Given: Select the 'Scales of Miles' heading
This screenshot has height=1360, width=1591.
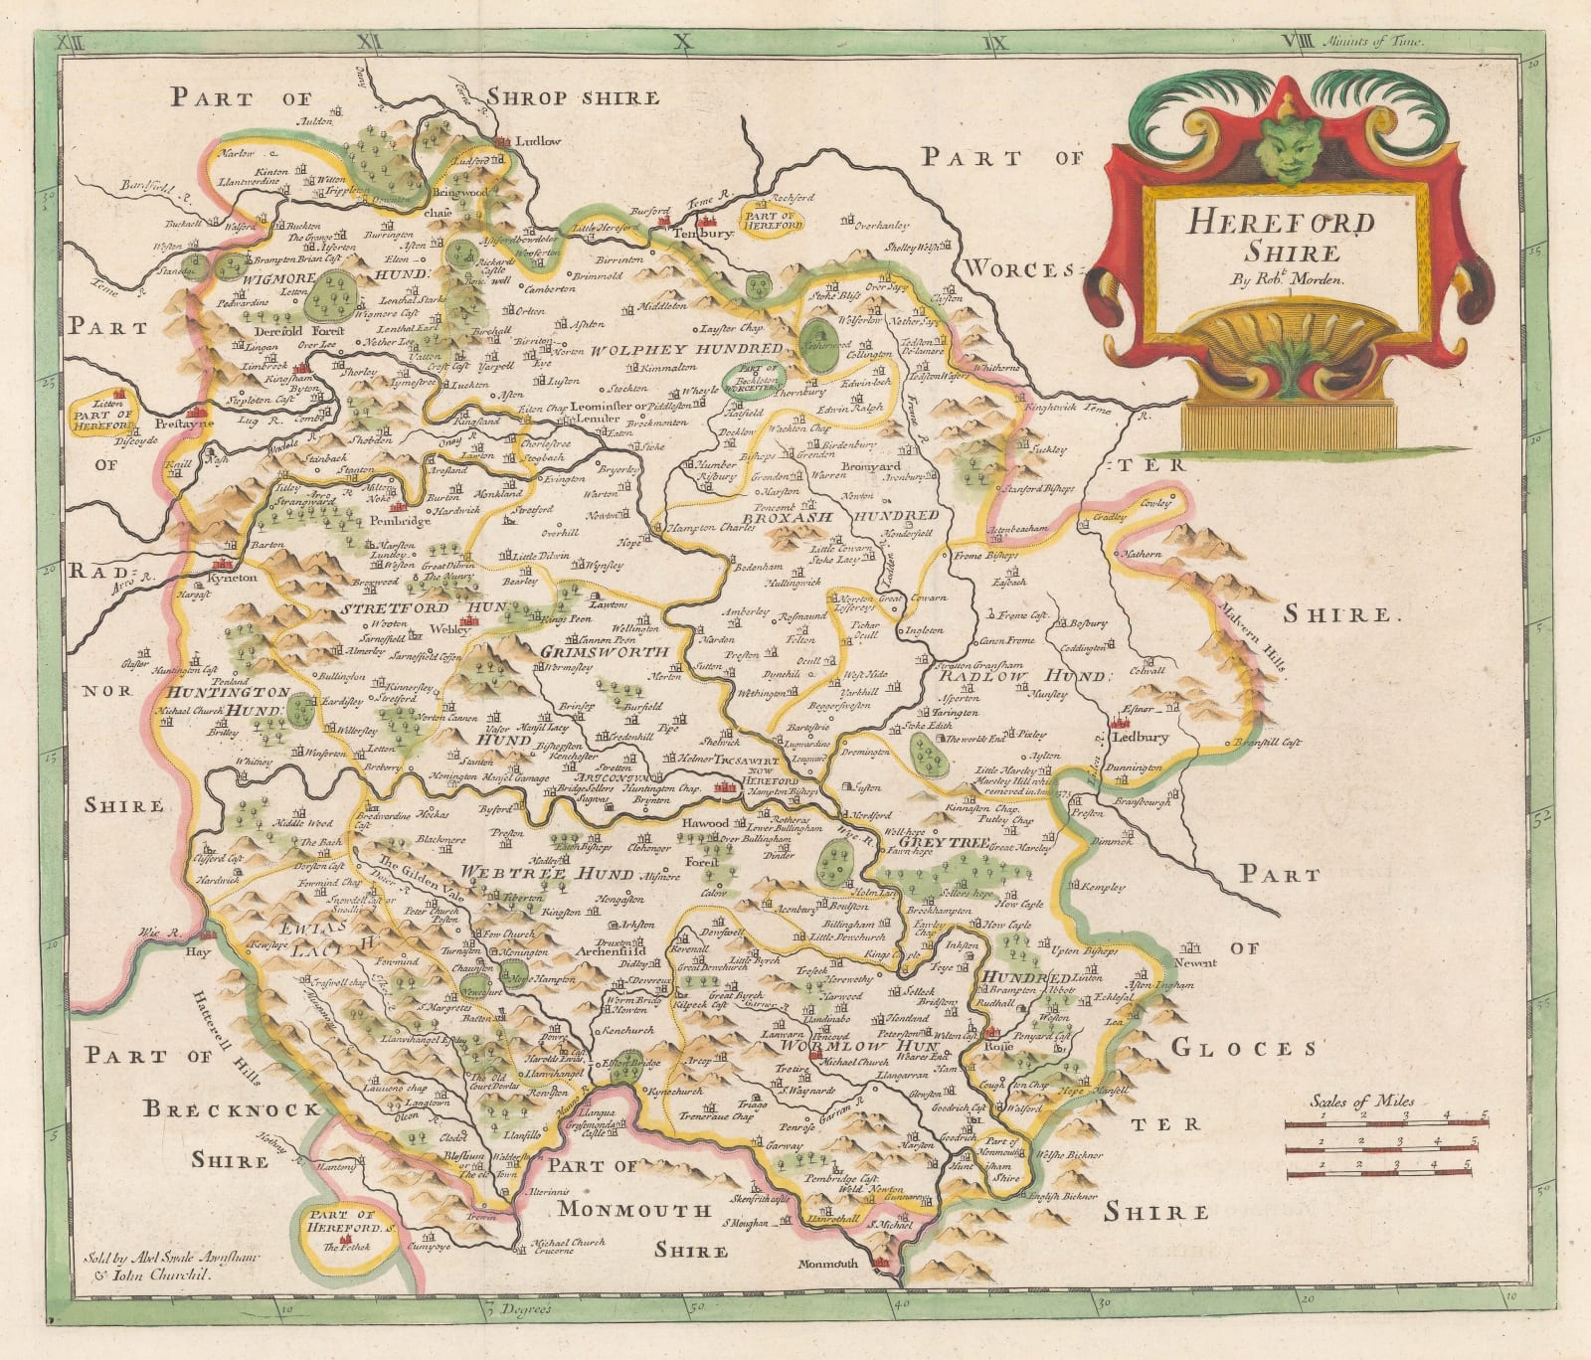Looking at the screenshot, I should coord(1354,1101).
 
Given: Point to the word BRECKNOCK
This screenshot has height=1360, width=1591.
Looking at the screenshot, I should coord(231,1109).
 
